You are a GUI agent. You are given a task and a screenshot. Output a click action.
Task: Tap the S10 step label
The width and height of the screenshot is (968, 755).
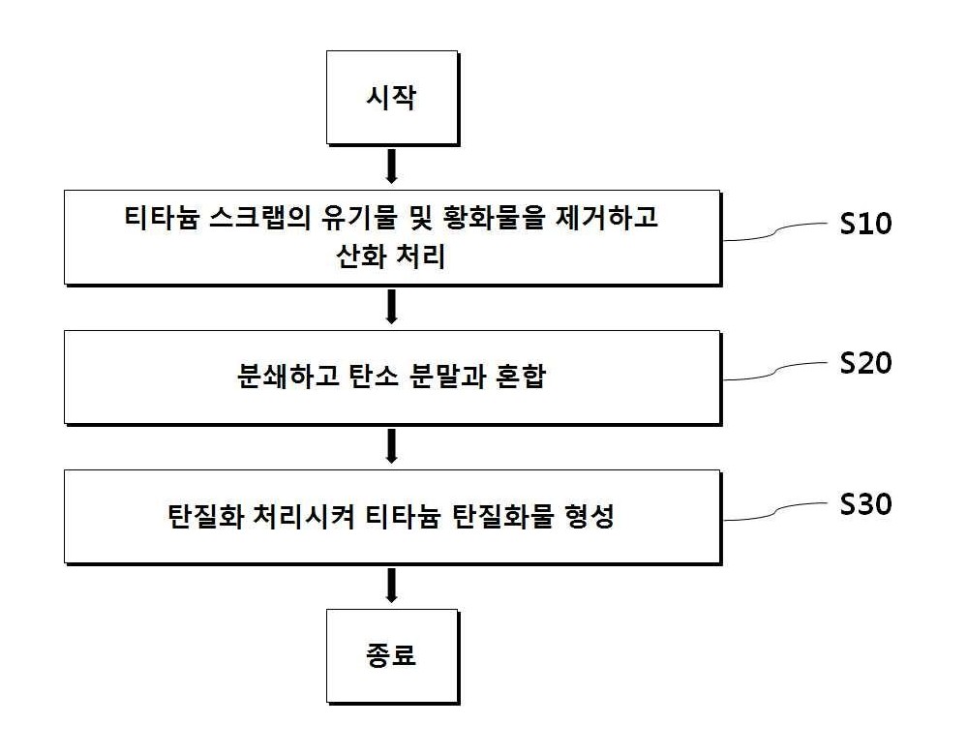(x=865, y=223)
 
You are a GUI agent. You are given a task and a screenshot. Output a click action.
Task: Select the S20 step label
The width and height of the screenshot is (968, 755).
(x=865, y=362)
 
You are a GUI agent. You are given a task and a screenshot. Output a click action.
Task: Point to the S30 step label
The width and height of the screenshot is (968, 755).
(x=865, y=503)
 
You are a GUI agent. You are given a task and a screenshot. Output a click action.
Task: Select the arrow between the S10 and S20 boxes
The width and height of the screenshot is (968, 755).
(x=391, y=307)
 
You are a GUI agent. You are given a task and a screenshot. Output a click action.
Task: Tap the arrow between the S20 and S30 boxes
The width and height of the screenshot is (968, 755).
(x=391, y=446)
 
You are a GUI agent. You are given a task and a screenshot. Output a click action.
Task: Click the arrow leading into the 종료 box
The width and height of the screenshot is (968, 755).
(x=391, y=586)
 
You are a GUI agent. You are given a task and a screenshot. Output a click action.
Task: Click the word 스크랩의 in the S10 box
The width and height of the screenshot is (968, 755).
(x=258, y=217)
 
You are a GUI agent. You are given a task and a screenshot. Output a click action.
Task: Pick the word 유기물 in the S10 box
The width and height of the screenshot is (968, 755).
(x=358, y=217)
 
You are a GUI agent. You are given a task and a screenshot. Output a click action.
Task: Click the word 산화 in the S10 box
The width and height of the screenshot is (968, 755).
(x=361, y=257)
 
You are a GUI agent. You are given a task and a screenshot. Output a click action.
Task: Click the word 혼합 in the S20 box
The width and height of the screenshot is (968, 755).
(x=521, y=376)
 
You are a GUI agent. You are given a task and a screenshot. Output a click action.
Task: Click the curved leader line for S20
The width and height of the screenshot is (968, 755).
(x=775, y=371)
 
